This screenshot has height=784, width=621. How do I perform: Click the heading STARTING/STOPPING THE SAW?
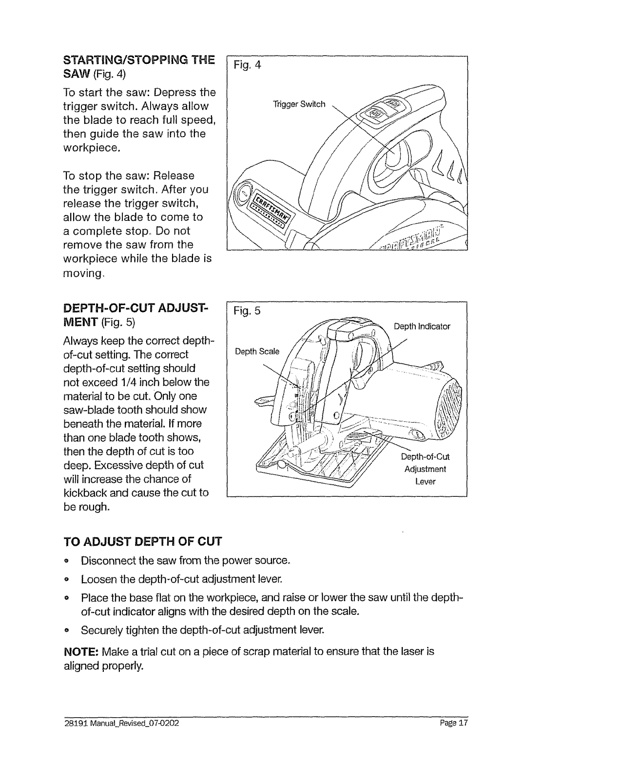(138, 67)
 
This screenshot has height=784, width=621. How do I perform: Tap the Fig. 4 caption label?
(248, 65)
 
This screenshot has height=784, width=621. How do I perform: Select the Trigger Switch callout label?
(299, 104)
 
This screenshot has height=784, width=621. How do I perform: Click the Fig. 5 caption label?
(248, 311)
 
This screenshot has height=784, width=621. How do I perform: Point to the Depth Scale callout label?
(257, 352)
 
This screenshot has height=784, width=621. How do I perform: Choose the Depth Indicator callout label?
(422, 326)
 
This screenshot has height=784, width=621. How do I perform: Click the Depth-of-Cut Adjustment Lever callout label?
(425, 469)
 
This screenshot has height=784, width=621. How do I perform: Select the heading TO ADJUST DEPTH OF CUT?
(143, 542)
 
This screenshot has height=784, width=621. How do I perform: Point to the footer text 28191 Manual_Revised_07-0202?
(121, 724)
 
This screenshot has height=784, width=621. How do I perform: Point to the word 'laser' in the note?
(397, 651)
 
